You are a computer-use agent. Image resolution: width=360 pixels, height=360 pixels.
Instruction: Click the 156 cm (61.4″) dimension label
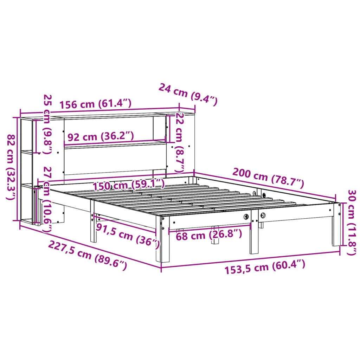pyautogui.click(x=96, y=104)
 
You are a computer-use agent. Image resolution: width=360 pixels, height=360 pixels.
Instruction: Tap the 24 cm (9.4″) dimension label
pyautogui.click(x=188, y=94)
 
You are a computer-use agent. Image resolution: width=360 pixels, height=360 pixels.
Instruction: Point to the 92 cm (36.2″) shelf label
pyautogui.click(x=101, y=136)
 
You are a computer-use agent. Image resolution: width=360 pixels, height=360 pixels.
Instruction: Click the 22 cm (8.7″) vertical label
pyautogui.click(x=179, y=142)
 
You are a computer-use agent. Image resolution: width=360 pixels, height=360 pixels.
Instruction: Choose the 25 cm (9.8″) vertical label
pyautogui.click(x=47, y=124)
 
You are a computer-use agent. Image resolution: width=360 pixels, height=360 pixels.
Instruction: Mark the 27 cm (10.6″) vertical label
pyautogui.click(x=47, y=199)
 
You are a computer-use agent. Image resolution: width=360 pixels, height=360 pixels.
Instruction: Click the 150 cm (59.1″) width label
pyautogui.click(x=129, y=185)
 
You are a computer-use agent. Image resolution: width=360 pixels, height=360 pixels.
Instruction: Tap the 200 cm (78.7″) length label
pyautogui.click(x=268, y=178)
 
